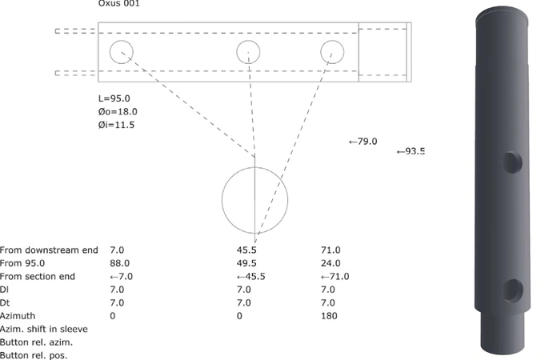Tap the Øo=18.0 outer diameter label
coord(117,112)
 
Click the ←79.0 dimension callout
coord(363,142)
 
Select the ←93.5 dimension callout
coord(411,151)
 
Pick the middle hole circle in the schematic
coord(249,53)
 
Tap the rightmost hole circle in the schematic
coord(332,52)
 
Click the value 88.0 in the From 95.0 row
coord(118,263)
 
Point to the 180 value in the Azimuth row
coord(328,316)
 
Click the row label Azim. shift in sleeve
coord(43,329)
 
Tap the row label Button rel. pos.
coord(34,354)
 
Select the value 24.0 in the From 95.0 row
coord(331,263)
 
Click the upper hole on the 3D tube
coord(512,163)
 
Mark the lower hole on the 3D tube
coord(513,290)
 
